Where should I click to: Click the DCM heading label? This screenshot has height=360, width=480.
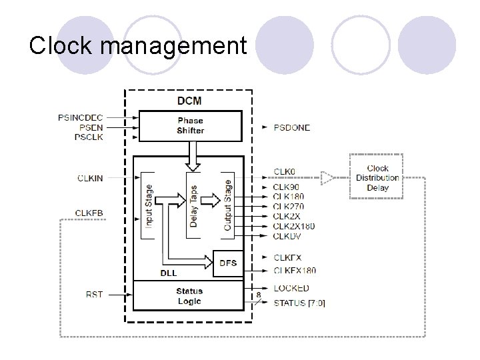190,101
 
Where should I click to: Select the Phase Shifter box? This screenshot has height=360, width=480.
190,126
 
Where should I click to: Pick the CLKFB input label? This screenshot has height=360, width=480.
89,213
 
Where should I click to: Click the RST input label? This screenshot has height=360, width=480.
95,294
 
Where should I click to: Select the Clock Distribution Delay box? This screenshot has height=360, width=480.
377,178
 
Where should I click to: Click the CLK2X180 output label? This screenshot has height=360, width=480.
293,226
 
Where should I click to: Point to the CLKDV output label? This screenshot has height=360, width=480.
287,235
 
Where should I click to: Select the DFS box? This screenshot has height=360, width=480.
228,263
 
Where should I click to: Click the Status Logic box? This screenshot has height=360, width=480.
189,295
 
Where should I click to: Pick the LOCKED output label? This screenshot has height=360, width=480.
291,288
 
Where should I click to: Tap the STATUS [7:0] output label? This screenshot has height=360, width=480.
299,303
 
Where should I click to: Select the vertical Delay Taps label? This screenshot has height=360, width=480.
193,206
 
